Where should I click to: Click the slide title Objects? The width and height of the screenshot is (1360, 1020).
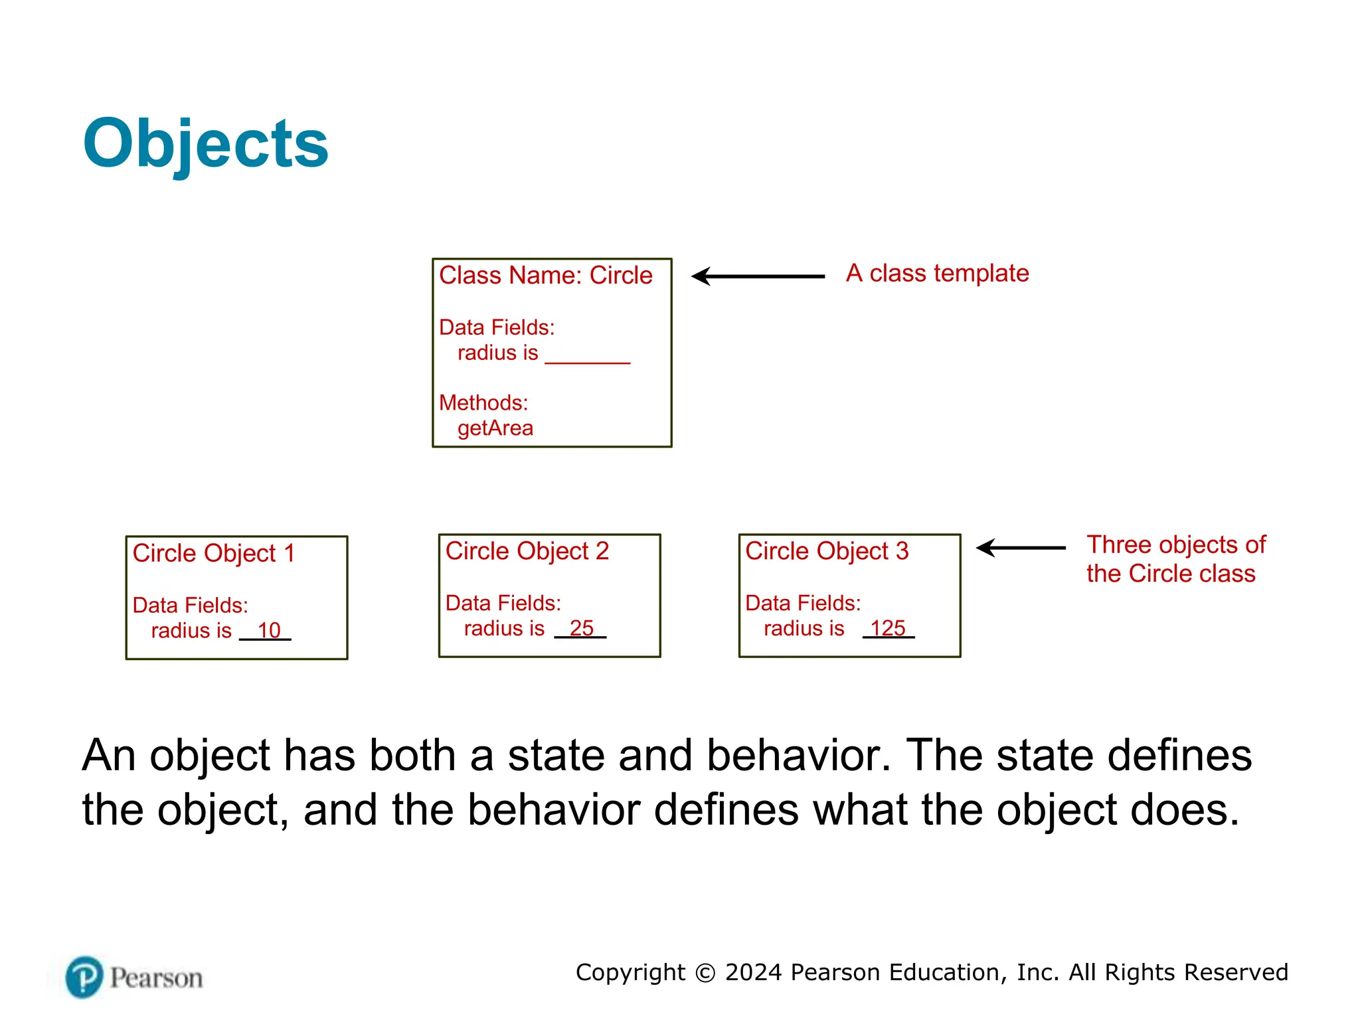click(205, 143)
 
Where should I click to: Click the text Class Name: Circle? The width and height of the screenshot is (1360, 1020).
click(545, 275)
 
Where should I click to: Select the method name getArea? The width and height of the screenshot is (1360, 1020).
click(495, 428)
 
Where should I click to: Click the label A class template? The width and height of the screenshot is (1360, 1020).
click(937, 274)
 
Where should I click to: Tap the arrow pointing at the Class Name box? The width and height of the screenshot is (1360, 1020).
click(757, 276)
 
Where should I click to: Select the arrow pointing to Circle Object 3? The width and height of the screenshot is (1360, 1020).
click(1021, 548)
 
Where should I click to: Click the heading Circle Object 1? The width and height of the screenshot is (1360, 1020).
click(213, 553)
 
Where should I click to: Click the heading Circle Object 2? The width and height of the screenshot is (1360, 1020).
click(527, 551)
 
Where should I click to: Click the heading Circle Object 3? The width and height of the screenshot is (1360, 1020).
click(826, 551)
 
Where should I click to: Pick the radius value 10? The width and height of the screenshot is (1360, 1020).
click(269, 630)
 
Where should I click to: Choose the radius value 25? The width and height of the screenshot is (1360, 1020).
click(581, 628)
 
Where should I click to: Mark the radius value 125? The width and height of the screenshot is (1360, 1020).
click(888, 628)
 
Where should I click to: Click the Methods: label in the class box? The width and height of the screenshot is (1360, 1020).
click(483, 403)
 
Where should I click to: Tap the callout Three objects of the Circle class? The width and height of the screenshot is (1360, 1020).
click(1175, 559)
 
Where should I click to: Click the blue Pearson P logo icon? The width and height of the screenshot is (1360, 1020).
click(84, 977)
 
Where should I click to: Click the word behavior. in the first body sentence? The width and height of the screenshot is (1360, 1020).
click(798, 756)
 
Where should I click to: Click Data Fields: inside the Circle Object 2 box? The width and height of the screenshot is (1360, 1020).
click(503, 603)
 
